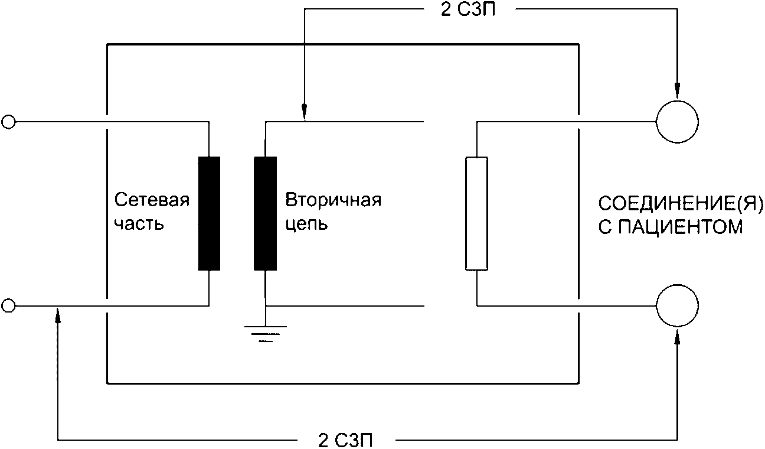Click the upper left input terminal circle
[8, 122]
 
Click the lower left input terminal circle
[8, 305]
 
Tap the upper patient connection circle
[677, 122]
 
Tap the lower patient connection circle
[677, 305]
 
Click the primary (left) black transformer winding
[209, 213]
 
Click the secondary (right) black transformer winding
[266, 213]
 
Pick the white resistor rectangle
[476, 213]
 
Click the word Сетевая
[152, 200]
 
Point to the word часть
[139, 225]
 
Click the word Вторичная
[334, 200]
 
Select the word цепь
[306, 225]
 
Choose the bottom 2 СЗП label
[345, 440]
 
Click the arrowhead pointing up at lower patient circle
[677, 336]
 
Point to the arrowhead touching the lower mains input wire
[58, 314]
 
